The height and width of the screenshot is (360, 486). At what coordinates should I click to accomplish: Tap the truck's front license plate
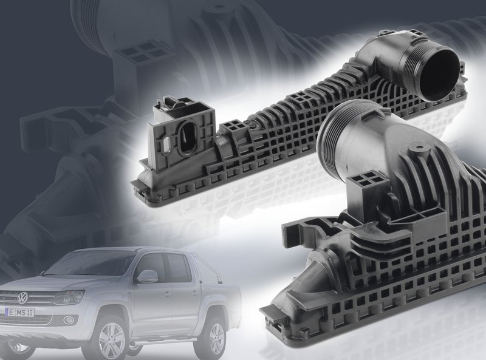click(20, 313)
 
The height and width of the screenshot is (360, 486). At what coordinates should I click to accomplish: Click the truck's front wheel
click(112, 339)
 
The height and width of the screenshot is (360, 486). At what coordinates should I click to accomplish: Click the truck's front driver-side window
click(150, 265)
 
